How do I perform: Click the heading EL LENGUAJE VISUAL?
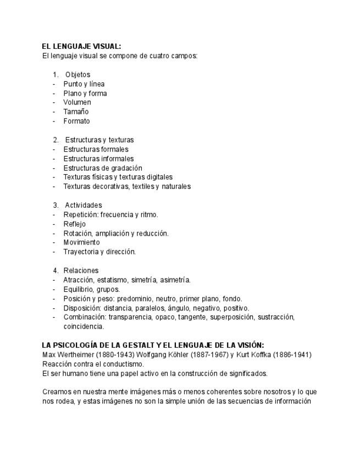click(x=81, y=47)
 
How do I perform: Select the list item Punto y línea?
click(x=84, y=84)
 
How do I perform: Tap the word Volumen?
click(x=77, y=102)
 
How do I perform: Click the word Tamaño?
click(x=76, y=112)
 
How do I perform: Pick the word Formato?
click(x=76, y=121)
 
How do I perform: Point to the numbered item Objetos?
click(x=77, y=75)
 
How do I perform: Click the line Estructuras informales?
click(x=98, y=159)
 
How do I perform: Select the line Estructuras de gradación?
click(x=102, y=168)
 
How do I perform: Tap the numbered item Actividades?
click(x=84, y=206)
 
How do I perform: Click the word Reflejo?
click(x=74, y=224)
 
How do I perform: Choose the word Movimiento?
click(x=81, y=242)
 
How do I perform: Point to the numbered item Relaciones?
click(x=81, y=270)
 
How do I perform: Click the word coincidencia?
click(x=84, y=326)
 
